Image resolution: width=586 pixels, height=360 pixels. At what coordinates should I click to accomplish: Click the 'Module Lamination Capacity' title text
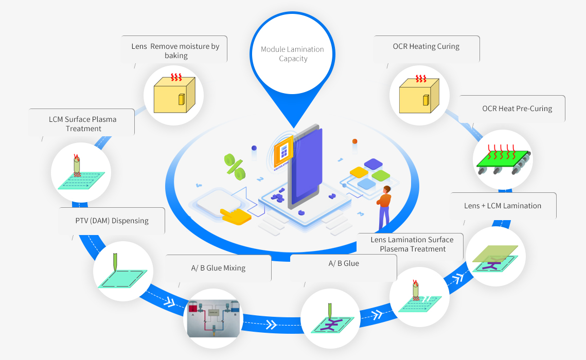tap(292, 54)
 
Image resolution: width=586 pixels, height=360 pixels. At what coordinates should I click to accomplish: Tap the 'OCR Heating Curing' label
tap(426, 46)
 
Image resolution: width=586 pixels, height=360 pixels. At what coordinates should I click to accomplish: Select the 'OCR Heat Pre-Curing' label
tap(517, 109)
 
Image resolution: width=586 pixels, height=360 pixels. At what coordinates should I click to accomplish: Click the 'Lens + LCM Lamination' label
tap(502, 206)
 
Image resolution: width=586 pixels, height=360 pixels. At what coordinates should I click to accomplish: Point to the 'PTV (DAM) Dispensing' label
tap(112, 221)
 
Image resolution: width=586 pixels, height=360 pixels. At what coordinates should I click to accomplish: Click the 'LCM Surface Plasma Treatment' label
tap(83, 124)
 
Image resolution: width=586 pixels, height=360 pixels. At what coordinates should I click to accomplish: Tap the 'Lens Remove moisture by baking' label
tap(175, 50)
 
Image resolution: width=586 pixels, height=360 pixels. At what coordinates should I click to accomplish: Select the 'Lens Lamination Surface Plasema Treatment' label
tap(412, 244)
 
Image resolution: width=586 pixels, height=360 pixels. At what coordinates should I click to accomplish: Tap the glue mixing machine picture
tap(212, 318)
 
